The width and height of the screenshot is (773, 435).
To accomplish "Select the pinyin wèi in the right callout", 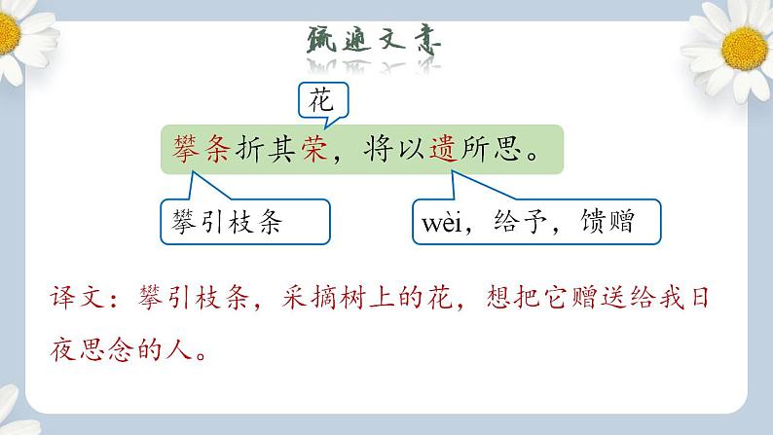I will (x=446, y=223).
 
